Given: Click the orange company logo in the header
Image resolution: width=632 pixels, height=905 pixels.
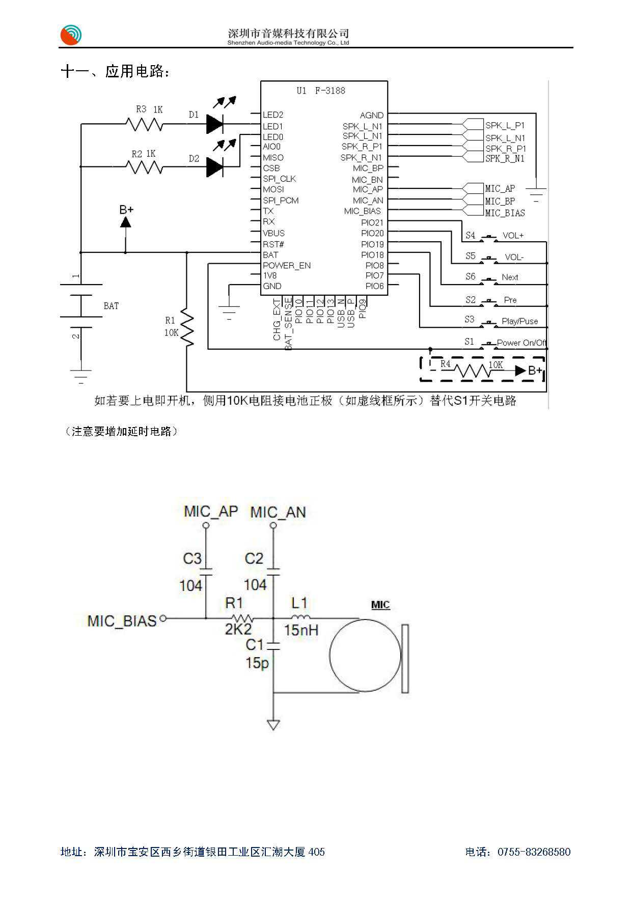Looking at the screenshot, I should (71, 35).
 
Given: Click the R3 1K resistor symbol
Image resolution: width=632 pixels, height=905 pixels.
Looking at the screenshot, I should (145, 124).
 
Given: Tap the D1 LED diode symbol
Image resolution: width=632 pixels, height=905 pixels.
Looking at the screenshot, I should (214, 124).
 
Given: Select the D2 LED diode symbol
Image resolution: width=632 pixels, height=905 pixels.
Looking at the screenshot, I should (214, 166).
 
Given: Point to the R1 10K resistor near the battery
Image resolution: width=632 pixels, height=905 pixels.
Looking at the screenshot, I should (187, 328).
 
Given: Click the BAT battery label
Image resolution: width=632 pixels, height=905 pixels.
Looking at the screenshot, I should (111, 306).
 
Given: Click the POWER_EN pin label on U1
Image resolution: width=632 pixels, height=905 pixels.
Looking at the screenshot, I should (286, 266).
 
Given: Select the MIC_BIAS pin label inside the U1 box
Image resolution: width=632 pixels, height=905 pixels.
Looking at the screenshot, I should (362, 211).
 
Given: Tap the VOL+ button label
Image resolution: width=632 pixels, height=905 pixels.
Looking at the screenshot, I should (513, 236).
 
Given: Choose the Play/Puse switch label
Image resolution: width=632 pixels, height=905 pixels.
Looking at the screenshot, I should (519, 321).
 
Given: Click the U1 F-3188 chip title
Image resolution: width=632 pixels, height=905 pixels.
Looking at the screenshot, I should (321, 91).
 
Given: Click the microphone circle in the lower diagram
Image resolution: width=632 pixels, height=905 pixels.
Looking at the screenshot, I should (365, 656).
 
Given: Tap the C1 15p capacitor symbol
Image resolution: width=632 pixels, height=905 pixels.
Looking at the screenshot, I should (273, 646).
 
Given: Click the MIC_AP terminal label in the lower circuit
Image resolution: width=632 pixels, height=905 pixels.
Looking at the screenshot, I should (211, 511).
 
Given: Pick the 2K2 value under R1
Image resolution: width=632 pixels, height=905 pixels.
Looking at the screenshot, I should (238, 630).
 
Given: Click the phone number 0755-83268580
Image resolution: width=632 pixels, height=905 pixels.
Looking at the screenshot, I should (534, 852).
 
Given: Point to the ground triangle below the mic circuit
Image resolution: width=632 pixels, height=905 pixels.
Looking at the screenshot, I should (273, 725).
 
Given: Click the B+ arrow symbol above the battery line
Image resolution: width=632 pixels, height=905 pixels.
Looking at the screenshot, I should (125, 222).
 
